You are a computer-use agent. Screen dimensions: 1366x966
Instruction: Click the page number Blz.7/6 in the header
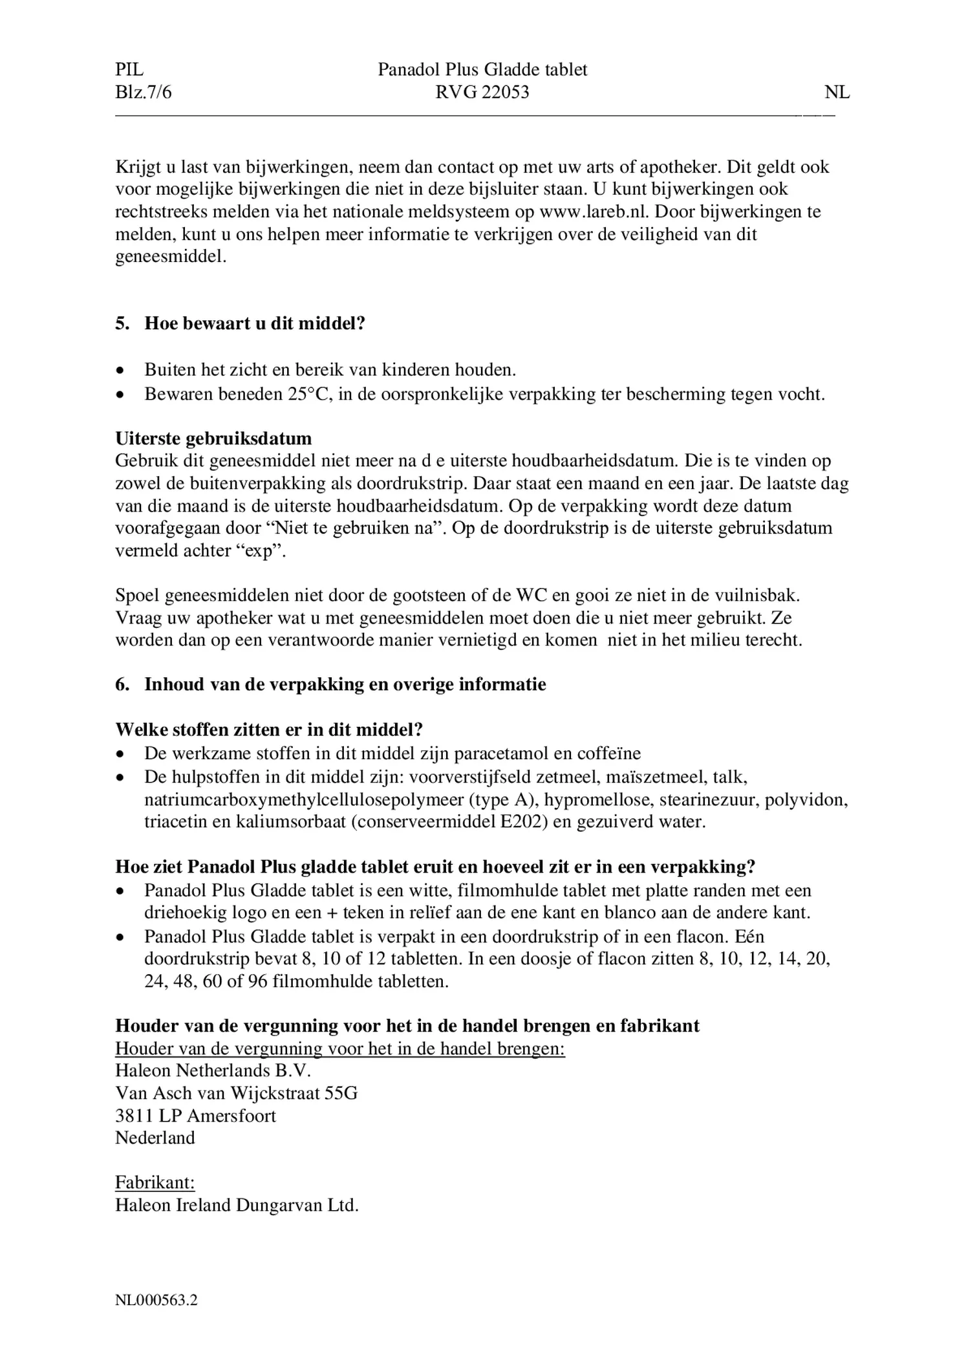tap(144, 92)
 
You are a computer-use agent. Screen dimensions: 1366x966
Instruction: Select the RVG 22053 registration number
tap(482, 92)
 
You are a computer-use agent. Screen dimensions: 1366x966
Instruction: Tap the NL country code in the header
tap(837, 92)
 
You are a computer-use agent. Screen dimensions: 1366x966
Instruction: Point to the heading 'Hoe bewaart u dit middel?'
tap(255, 323)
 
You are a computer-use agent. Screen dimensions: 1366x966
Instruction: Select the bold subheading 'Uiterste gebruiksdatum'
tap(213, 439)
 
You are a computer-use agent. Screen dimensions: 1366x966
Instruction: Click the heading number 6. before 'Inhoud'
tap(122, 684)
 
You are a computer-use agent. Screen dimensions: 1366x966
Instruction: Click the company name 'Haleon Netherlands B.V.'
tap(213, 1070)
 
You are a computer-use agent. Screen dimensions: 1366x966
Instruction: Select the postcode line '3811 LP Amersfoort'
tap(195, 1116)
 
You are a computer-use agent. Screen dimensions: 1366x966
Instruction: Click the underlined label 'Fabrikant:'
tap(155, 1183)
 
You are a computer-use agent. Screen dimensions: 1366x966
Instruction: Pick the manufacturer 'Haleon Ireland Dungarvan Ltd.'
tap(237, 1206)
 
